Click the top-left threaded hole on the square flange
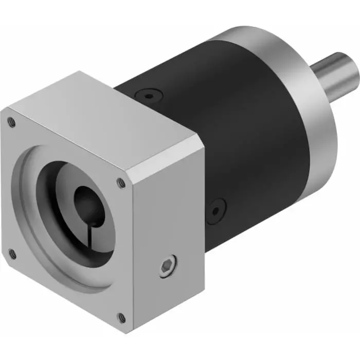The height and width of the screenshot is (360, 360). tap(11, 122)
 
